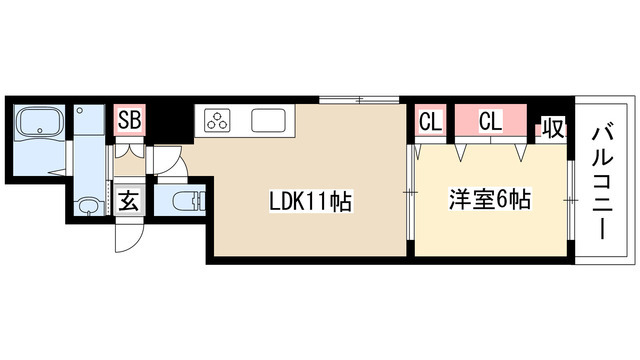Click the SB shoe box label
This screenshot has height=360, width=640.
[130, 121]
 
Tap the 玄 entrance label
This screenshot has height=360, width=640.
[130, 199]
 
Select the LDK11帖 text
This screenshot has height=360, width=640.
[309, 202]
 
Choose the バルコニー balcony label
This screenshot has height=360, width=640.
[603, 180]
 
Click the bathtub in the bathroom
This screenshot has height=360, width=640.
[40, 125]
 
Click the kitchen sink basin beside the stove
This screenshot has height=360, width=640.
[269, 121]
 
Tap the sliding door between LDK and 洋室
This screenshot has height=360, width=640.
[409, 190]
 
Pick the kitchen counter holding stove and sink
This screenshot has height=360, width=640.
[246, 121]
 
